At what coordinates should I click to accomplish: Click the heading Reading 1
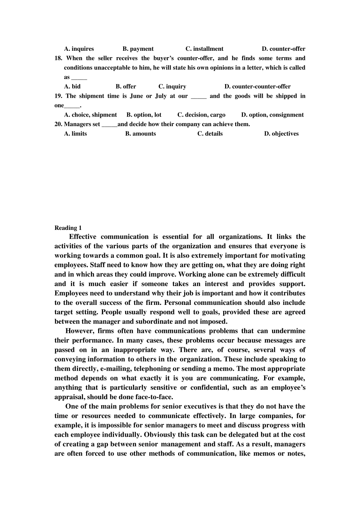point(68,228)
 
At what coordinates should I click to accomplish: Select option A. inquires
point(79,49)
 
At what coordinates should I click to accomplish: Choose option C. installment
point(204,49)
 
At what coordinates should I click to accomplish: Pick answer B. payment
point(138,49)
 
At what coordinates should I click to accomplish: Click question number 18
point(58,58)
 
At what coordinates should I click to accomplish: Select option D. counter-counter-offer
point(257,86)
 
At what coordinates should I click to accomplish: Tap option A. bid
point(72,86)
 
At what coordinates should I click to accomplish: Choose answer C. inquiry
point(172,86)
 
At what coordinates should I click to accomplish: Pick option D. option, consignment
point(272,115)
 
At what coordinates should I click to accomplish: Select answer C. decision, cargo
point(201,115)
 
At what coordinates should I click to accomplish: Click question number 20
point(58,124)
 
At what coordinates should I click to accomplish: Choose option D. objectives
point(281,134)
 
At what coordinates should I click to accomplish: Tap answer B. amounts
point(140,134)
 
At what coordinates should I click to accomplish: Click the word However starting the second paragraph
point(79,331)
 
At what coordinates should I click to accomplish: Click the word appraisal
point(70,397)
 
